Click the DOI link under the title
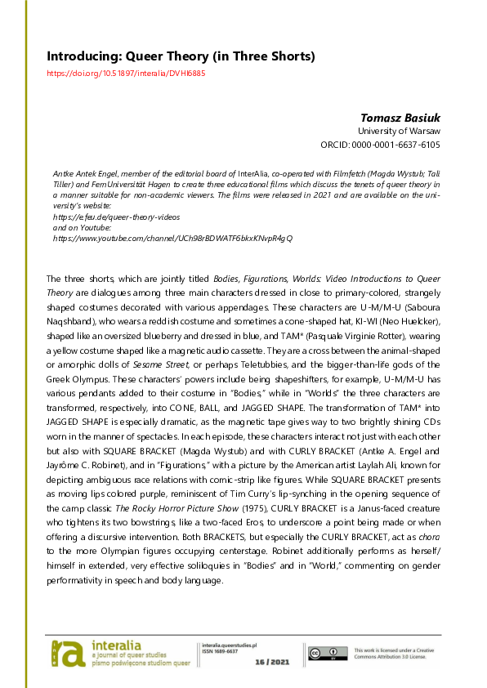tap(126, 73)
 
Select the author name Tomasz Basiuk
tap(400, 117)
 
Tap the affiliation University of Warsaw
tap(399, 131)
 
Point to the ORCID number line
tap(380, 145)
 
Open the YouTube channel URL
tap(172, 238)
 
